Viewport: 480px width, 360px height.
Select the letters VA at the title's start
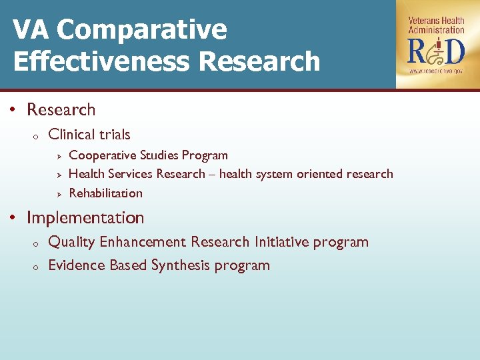pos(31,30)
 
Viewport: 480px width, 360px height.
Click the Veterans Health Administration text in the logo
pos(436,25)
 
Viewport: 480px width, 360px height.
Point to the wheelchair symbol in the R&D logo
pos(437,51)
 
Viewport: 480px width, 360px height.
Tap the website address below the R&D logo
pos(437,70)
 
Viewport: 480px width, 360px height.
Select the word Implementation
pos(85,218)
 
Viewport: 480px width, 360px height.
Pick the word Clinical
pos(72,135)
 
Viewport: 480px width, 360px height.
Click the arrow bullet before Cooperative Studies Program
pos(59,156)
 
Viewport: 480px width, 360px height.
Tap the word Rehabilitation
pos(105,193)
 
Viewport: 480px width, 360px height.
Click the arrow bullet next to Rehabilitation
pos(59,194)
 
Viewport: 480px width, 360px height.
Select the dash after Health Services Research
pos(212,175)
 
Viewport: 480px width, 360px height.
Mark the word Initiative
pos(282,242)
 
